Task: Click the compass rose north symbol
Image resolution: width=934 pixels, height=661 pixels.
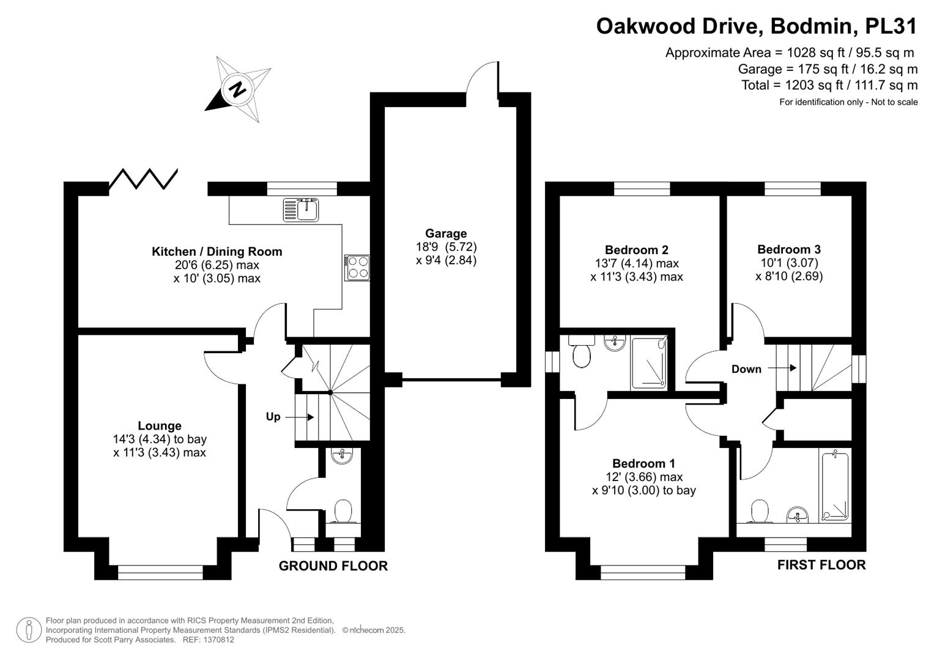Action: pyautogui.click(x=237, y=89)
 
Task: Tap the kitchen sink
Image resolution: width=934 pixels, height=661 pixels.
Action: pyautogui.click(x=301, y=209)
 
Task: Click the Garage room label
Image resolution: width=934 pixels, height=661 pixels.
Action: pyautogui.click(x=446, y=233)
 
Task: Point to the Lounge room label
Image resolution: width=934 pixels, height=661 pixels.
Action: pyautogui.click(x=160, y=425)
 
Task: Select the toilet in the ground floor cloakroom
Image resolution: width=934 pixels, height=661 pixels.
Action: pyautogui.click(x=343, y=511)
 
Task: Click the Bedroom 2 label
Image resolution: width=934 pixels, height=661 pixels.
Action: pyautogui.click(x=636, y=250)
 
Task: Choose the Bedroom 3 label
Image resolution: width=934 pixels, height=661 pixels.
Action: pyautogui.click(x=788, y=249)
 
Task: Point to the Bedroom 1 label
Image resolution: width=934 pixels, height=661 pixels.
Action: pyautogui.click(x=643, y=463)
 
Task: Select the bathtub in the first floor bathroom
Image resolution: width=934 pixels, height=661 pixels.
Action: pyautogui.click(x=834, y=486)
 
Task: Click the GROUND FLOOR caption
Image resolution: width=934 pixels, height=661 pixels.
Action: pyautogui.click(x=333, y=566)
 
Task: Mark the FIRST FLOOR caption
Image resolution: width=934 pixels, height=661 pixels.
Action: pyautogui.click(x=821, y=565)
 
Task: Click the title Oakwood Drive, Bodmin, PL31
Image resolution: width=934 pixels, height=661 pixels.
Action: pyautogui.click(x=757, y=26)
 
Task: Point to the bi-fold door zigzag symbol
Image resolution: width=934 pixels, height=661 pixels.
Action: pyautogui.click(x=143, y=179)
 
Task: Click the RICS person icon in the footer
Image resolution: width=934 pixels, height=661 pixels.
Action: pyautogui.click(x=29, y=630)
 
